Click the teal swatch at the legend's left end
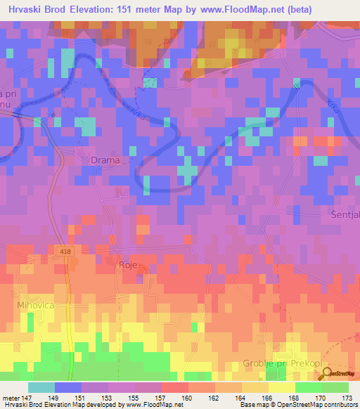pyautogui.click(x=41, y=387)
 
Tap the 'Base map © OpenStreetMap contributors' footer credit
pyautogui.click(x=298, y=405)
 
